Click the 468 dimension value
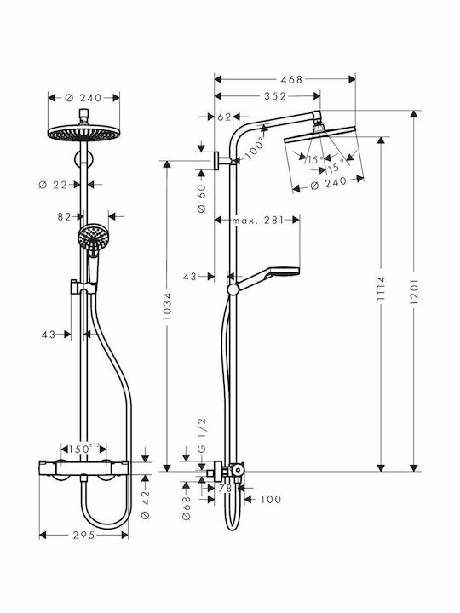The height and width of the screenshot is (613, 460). pos(291,80)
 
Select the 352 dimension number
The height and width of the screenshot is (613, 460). pos(275,96)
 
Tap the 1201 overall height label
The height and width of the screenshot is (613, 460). pos(414,291)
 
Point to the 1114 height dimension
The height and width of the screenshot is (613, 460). pos(381,289)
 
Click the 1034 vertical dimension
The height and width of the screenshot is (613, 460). pos(168,306)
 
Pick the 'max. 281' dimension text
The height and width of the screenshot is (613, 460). pos(258,221)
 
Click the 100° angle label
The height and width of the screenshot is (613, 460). pos(255,148)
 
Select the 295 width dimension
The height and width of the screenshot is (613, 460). pos(84,535)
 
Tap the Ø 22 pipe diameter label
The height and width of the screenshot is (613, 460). pos(53,185)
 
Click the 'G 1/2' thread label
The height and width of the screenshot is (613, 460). pos(202,436)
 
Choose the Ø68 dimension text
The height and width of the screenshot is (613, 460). pos(187,507)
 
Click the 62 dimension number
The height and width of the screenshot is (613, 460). pos(225,117)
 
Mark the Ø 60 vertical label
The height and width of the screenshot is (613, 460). pos(202,198)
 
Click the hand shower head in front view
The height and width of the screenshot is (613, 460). pos(94,238)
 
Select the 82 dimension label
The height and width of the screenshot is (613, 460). pos(64,216)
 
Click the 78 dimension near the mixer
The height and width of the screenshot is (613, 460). pos(225,489)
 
